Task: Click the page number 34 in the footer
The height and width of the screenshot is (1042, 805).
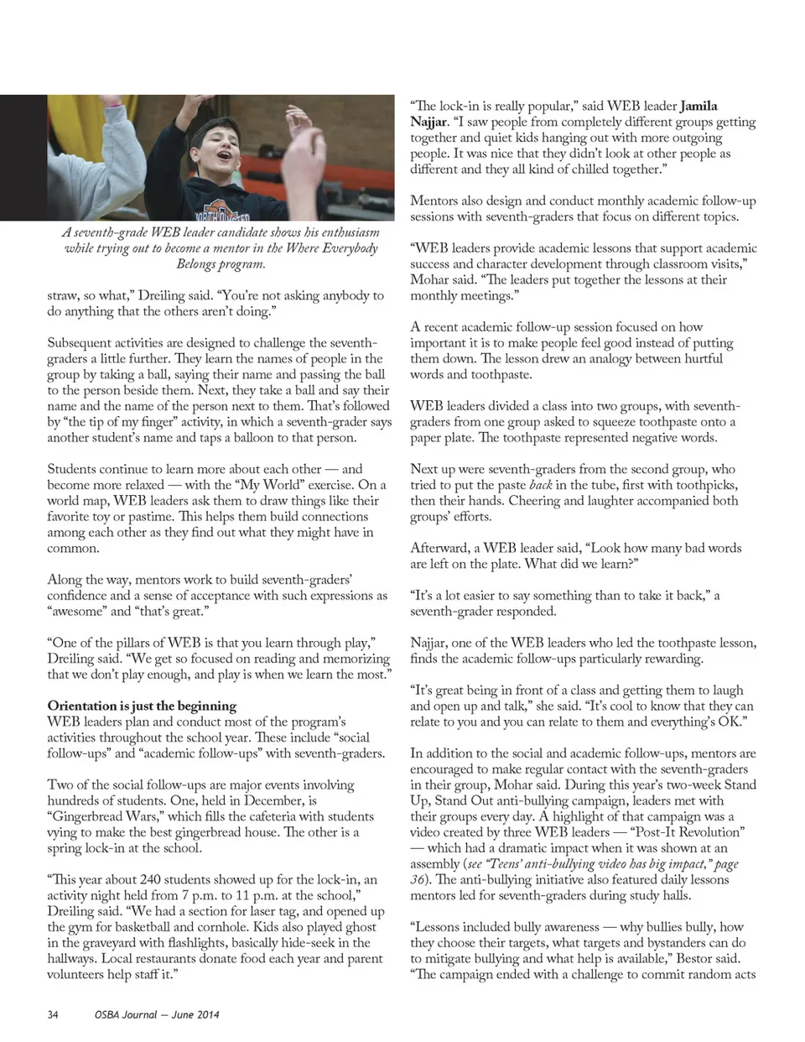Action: click(x=53, y=1014)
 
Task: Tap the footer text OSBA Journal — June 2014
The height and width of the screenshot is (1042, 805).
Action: click(x=157, y=1014)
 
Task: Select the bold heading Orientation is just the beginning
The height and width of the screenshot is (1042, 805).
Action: click(x=142, y=706)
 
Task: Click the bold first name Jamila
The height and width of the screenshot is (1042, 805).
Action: click(x=699, y=106)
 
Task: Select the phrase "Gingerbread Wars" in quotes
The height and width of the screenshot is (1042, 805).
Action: click(x=102, y=816)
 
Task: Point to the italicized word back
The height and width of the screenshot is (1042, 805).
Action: click(x=541, y=485)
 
